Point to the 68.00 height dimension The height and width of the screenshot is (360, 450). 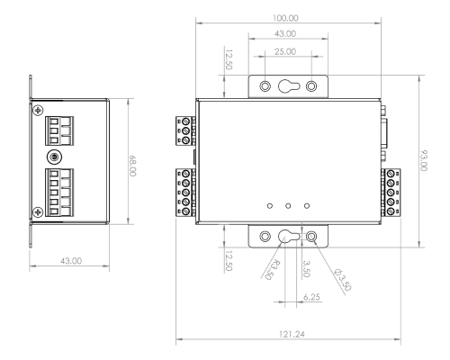pos(132,167)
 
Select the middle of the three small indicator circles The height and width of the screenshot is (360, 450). pos(288,204)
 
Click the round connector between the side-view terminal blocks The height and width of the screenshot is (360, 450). pos(55,157)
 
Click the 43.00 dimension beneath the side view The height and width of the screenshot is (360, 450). pos(71,260)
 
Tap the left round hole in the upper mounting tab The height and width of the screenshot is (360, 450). pos(265,86)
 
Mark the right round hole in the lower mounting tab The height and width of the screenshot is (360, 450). pos(311,238)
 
